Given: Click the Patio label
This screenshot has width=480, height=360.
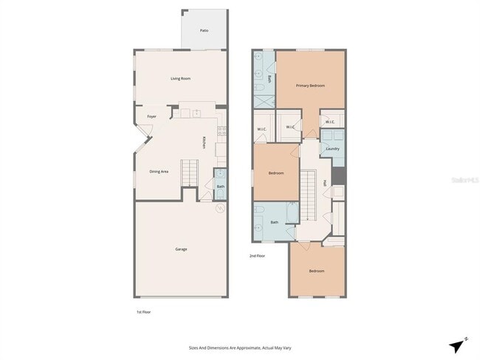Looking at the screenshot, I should pos(204,30).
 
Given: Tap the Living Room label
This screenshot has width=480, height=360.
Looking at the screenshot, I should pos(181,78).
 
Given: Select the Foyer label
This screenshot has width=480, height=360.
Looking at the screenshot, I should pos(151,117).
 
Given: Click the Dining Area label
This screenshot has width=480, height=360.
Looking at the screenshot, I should pos(160,171).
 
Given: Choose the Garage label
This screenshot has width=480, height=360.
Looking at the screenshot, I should pos(181,249).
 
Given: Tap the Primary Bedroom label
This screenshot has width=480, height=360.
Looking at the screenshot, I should pos(311,86).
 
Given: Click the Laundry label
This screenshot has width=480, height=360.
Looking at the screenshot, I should pos(332,148).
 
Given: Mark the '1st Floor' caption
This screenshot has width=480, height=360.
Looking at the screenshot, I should pos(143,312).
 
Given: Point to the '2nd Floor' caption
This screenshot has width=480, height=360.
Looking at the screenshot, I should pos(258,256).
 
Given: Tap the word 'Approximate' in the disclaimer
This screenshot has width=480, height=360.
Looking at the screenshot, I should pos(241,347).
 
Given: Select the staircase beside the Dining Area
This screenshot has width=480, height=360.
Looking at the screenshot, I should pos(191,175).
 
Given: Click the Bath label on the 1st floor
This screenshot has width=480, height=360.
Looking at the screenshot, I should pos(220,186).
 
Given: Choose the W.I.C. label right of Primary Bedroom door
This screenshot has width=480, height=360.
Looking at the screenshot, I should pos(329,122).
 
